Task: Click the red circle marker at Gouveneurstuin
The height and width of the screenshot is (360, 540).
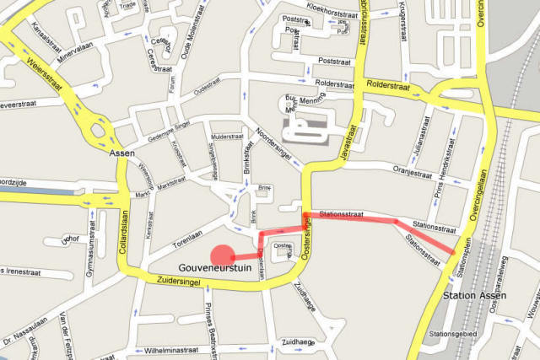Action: [x=222, y=256]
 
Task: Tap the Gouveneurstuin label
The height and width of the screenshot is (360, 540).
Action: [x=216, y=270]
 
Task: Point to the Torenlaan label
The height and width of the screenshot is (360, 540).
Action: [x=191, y=239]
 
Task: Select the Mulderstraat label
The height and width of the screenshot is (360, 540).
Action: [x=227, y=136]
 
